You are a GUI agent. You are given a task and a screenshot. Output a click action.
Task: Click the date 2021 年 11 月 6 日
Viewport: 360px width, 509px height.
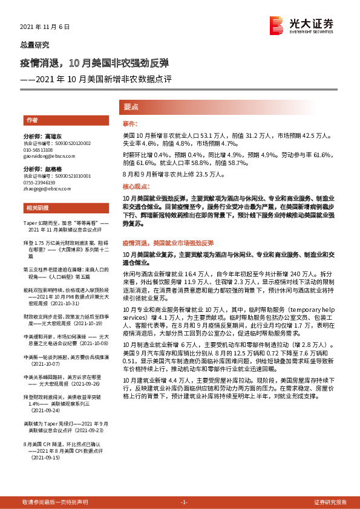coord(41,27)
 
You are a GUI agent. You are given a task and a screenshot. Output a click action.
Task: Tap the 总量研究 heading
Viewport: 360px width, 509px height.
coord(36,45)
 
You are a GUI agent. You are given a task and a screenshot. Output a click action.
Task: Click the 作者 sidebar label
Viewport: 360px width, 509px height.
coord(31,120)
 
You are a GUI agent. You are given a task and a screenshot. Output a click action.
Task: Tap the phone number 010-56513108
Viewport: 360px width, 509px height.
coord(38,149)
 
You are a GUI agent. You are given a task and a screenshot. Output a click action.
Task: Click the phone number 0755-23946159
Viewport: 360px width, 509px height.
coord(39,182)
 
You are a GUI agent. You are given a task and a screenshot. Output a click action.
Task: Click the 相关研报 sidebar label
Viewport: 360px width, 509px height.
coord(36,209)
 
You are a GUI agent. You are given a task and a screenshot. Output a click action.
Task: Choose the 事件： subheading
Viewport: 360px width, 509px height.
coord(131,123)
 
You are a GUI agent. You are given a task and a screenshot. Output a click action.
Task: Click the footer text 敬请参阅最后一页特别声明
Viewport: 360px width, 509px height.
coord(55,502)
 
